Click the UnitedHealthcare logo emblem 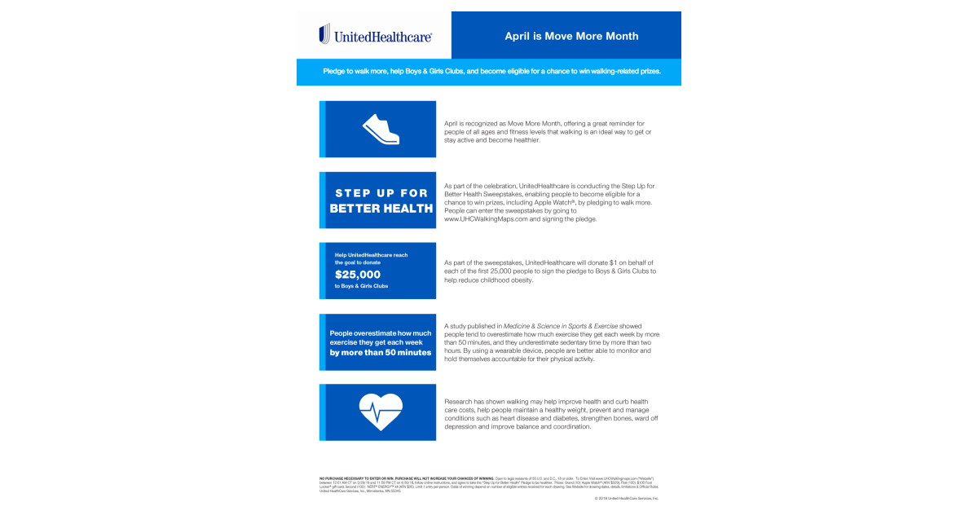coord(324,34)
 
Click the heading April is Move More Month coord(570,36)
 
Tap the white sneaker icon coord(381,129)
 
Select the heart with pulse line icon coord(381,412)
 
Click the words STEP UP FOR coord(381,192)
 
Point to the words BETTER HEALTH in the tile coord(381,208)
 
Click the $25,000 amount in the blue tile coord(358,275)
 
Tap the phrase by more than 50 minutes coord(381,353)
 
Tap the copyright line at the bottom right coord(627,498)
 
